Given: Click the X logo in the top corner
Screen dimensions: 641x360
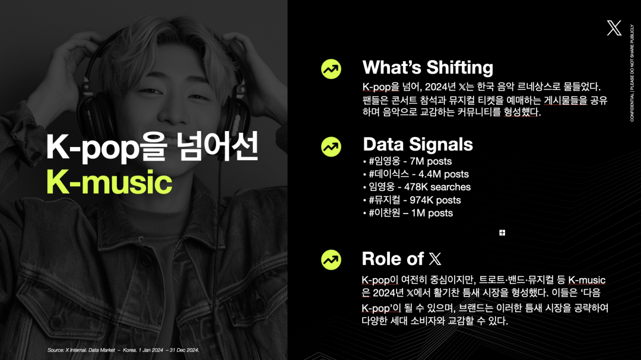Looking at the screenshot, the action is pyautogui.click(x=614, y=28).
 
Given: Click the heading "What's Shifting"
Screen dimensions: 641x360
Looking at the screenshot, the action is pyautogui.click(x=427, y=68).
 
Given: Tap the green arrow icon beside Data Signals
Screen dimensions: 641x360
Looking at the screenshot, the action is pyautogui.click(x=331, y=146).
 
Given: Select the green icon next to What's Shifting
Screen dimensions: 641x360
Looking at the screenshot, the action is pyautogui.click(x=331, y=69).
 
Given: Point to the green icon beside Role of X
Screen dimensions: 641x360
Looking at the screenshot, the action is pyautogui.click(x=331, y=260).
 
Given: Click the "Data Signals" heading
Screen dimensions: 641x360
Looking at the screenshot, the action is pyautogui.click(x=418, y=144).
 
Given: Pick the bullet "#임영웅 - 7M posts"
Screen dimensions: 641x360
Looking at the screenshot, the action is pyautogui.click(x=407, y=161).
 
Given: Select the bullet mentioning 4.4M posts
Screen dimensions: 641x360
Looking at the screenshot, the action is pyautogui.click(x=415, y=174).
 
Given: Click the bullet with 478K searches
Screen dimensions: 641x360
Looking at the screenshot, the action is pyautogui.click(x=417, y=187).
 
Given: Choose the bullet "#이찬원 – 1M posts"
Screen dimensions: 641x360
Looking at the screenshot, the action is pyautogui.click(x=408, y=213).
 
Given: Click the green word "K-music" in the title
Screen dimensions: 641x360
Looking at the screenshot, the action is pyautogui.click(x=109, y=182).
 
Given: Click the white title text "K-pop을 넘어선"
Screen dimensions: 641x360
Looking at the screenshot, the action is pyautogui.click(x=152, y=146).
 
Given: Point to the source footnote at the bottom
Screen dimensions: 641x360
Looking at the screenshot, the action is pyautogui.click(x=123, y=350).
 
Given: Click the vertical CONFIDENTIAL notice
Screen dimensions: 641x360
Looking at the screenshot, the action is pyautogui.click(x=632, y=73).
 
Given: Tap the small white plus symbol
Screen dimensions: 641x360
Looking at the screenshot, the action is pyautogui.click(x=502, y=232).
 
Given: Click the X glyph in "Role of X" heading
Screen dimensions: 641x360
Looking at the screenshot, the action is pyautogui.click(x=435, y=259).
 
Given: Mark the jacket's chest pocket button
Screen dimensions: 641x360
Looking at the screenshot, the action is pyautogui.click(x=57, y=323).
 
